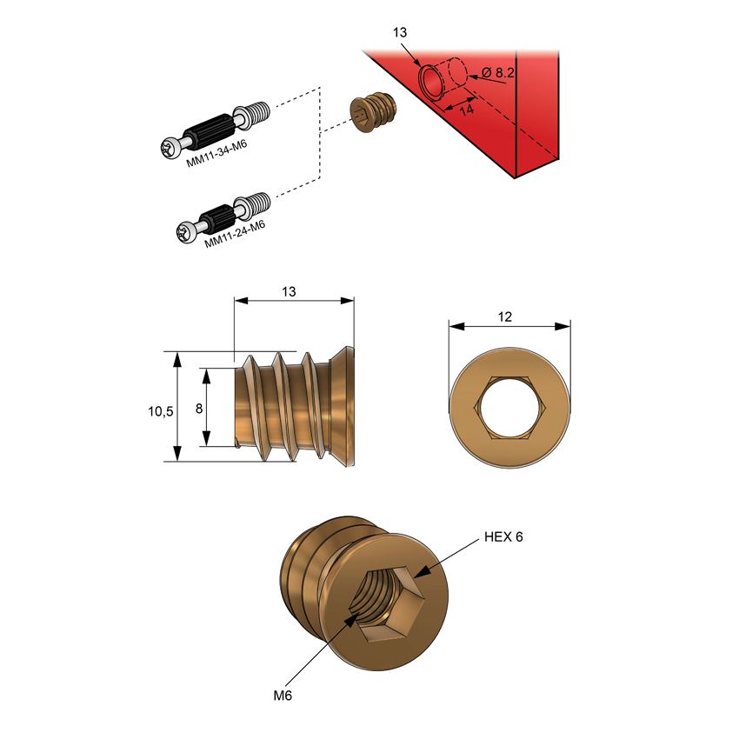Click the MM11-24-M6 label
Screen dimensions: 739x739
point(235,235)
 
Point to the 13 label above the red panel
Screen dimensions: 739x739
point(400,32)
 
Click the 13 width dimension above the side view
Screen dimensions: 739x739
point(290,292)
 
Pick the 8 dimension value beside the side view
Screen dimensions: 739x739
point(199,408)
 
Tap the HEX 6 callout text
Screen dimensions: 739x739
point(503,537)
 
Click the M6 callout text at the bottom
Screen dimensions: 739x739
point(283,696)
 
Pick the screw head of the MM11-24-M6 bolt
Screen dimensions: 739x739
point(185,231)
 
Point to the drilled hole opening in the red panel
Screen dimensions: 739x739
point(429,83)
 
